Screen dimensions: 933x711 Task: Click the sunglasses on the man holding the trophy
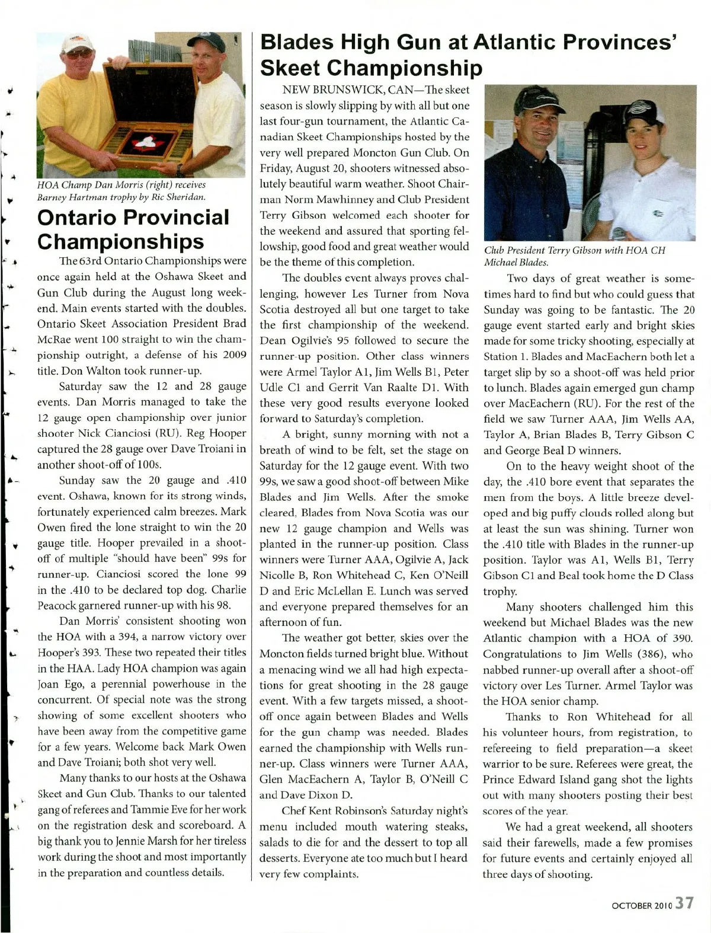80,54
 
